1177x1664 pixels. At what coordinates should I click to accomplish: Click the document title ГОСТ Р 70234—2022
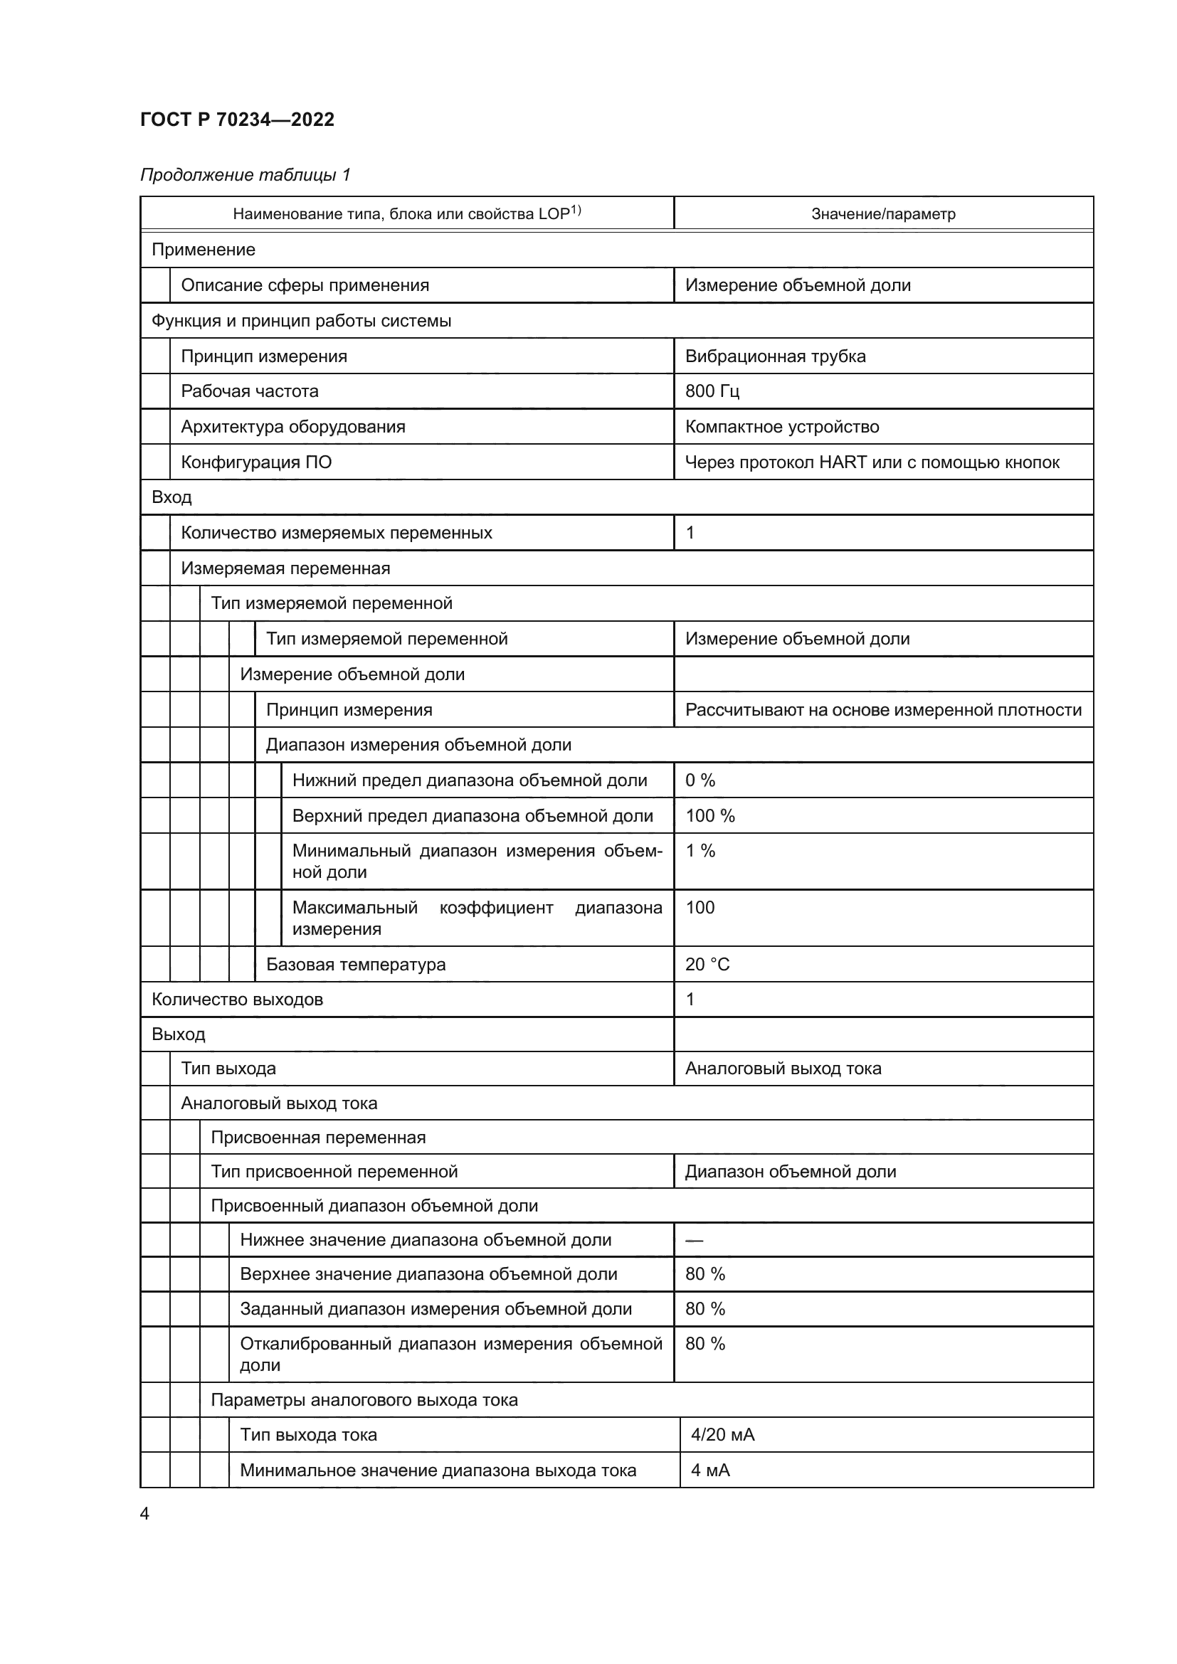(237, 120)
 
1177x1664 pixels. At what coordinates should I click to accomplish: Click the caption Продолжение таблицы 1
(245, 175)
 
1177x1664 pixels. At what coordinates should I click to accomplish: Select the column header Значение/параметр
(882, 214)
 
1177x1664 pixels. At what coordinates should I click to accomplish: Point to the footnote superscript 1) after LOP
(576, 210)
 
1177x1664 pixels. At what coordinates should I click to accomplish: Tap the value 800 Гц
(712, 391)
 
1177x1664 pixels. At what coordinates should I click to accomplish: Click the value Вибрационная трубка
(775, 356)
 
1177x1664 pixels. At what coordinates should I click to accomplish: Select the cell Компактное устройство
(781, 426)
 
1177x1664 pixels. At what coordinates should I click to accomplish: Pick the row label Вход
(171, 497)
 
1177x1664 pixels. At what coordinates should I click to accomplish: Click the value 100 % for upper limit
(709, 815)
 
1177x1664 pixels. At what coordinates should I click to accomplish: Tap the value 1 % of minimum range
(700, 851)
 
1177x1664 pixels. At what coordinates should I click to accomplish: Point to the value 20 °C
(707, 964)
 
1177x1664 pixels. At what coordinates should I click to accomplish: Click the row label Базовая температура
(355, 964)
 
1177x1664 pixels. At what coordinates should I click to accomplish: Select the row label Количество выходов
(237, 1000)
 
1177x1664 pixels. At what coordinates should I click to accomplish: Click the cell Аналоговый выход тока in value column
(783, 1069)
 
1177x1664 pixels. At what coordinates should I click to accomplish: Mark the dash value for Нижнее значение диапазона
(694, 1240)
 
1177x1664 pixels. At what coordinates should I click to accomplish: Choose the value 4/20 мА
(722, 1434)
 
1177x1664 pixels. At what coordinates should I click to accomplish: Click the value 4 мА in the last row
(709, 1470)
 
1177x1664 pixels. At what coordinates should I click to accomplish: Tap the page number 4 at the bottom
(144, 1513)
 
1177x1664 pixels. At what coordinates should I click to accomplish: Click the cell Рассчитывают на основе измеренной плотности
(882, 709)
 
